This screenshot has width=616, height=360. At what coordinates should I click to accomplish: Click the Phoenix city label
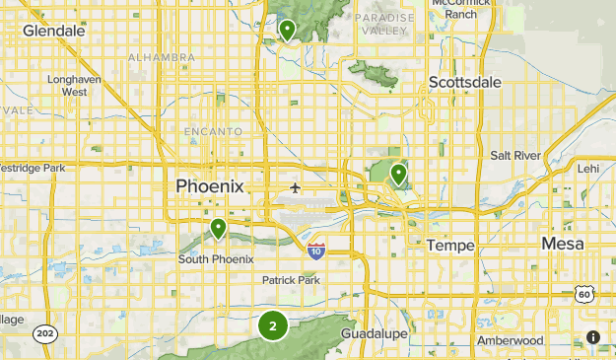209,185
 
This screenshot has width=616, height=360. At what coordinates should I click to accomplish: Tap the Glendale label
53,31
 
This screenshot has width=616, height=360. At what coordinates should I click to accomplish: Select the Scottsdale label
465,82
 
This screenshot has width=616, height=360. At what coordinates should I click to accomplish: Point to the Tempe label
451,244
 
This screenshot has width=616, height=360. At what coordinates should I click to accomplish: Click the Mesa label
562,243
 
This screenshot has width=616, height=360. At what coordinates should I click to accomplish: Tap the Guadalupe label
375,334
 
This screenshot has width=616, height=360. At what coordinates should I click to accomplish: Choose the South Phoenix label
216,258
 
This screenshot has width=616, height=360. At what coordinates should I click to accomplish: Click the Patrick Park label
292,280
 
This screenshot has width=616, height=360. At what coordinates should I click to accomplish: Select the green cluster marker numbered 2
273,324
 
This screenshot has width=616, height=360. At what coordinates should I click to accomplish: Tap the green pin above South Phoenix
218,229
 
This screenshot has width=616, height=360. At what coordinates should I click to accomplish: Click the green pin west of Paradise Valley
287,30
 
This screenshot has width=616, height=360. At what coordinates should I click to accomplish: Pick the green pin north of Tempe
398,175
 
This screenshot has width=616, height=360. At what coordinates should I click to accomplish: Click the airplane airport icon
295,187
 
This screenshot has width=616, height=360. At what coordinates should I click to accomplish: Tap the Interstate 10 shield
315,251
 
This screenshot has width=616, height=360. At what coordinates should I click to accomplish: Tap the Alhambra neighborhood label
162,58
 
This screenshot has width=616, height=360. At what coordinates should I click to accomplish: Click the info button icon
593,336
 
